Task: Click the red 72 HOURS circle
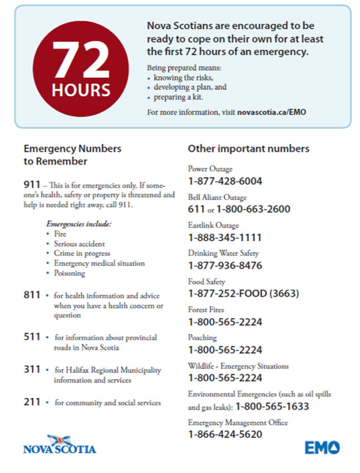[x=81, y=68]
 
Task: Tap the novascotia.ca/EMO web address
[x=271, y=112]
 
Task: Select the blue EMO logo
[x=322, y=448]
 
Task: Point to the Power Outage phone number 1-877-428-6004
[x=225, y=181]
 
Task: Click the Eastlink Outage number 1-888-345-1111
[x=225, y=237]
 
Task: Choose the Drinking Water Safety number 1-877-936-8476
[x=225, y=265]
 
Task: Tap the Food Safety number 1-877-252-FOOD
[x=243, y=293]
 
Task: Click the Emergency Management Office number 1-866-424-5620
[x=225, y=434]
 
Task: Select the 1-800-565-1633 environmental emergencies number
[x=272, y=406]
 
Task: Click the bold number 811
[x=32, y=295]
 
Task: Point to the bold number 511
[x=32, y=337]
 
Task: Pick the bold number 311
[x=32, y=370]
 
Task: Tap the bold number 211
[x=32, y=402]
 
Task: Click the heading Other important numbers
[x=248, y=149]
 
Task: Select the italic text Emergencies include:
[x=79, y=224]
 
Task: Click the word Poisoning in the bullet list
[x=70, y=273]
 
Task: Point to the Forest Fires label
[x=206, y=310]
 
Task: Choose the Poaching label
[x=202, y=337]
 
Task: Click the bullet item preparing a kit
[x=178, y=97]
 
